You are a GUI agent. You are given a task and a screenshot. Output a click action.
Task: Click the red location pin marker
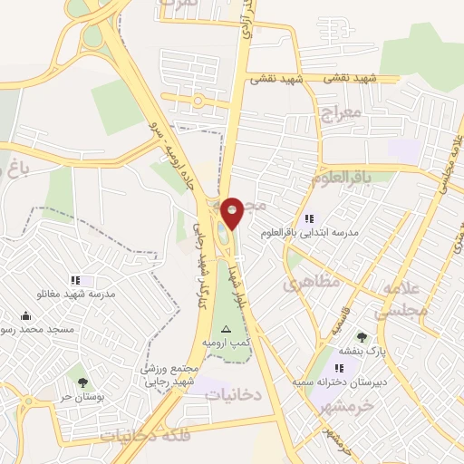click(232, 213)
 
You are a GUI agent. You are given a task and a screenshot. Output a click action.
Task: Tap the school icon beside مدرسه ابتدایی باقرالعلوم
click(309, 218)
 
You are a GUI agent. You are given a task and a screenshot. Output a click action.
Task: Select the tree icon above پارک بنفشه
click(362, 337)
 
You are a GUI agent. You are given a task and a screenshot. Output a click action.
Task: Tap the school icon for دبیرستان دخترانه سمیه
click(338, 369)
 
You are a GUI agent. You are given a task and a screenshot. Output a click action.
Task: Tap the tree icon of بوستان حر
click(82, 383)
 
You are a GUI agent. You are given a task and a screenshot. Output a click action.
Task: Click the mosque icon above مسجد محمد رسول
click(24, 316)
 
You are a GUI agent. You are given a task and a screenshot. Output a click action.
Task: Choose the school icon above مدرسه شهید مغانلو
click(74, 281)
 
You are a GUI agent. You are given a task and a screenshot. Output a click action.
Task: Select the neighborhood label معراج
click(341, 115)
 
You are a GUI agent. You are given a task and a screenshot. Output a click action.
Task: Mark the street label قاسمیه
click(327, 317)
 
